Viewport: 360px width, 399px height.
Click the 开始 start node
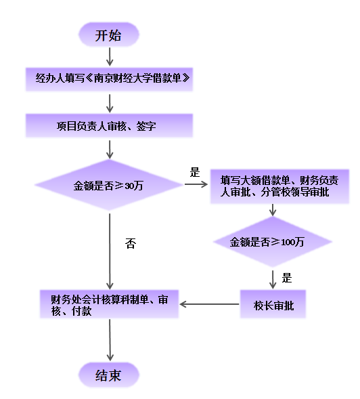click(x=109, y=35)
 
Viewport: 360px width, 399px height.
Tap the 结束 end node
click(x=109, y=375)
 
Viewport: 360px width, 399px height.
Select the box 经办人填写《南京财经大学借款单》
click(x=110, y=80)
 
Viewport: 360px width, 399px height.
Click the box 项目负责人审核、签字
click(x=109, y=126)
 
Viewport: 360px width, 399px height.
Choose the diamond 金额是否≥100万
click(x=272, y=242)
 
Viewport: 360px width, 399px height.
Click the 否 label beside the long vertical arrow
click(x=131, y=244)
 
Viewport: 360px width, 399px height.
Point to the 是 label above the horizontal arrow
click(x=196, y=172)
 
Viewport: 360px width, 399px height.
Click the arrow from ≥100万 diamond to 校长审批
click(x=273, y=278)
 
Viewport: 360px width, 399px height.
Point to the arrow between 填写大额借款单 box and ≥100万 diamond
click(x=273, y=209)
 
